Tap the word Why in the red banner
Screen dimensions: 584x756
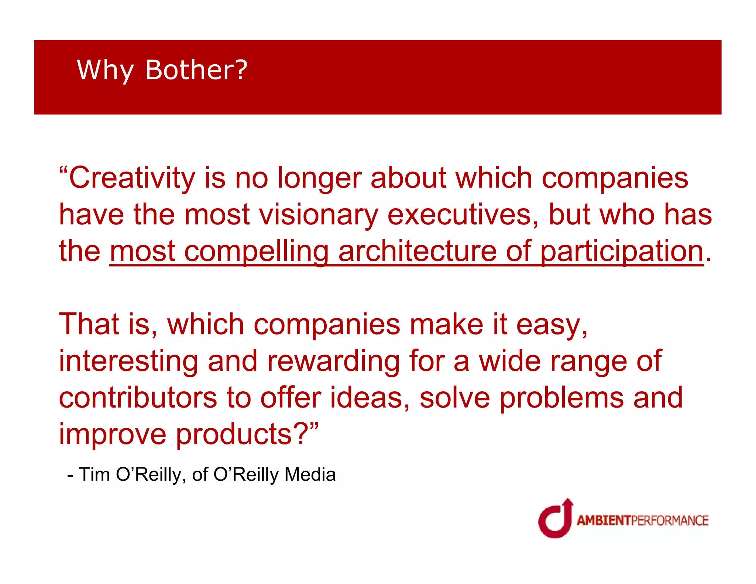(105, 70)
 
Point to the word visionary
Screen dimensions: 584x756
(319, 215)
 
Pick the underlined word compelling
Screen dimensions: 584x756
(256, 252)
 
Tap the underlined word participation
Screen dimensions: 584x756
(622, 252)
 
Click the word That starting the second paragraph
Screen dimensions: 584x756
(89, 324)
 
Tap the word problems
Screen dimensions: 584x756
(561, 398)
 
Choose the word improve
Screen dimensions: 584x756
(113, 434)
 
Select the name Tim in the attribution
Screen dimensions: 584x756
(94, 474)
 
